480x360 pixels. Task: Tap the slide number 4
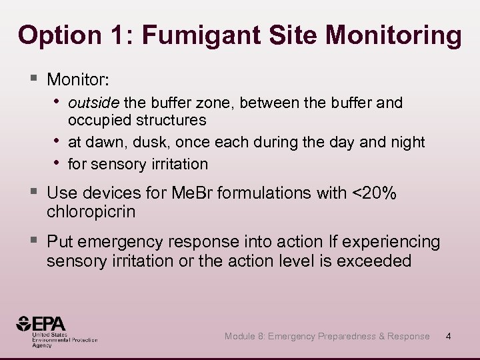pos(448,336)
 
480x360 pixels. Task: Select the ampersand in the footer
pos(382,336)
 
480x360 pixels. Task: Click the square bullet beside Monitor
pos(33,79)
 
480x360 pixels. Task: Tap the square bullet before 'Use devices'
pos(33,193)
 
